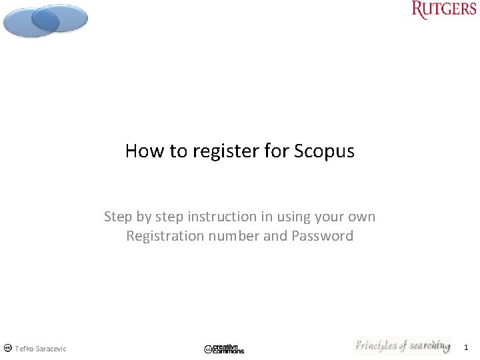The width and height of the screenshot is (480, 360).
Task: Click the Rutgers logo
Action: (443, 11)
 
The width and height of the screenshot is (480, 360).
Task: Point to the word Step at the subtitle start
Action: (119, 217)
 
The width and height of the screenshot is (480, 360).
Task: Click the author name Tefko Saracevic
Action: (41, 349)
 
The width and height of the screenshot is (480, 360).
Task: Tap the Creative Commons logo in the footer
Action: (224, 349)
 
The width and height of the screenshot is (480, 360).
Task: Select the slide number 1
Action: (466, 347)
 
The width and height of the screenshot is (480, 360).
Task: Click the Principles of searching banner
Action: (402, 346)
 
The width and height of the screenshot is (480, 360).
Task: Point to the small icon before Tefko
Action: (7, 348)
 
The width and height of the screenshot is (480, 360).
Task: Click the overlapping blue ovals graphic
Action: (45, 20)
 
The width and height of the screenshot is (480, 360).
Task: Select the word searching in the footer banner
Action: (429, 346)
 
